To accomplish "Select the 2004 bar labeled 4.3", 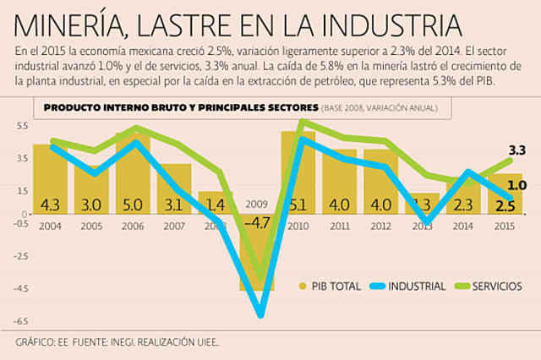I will (50, 178).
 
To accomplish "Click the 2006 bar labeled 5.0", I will (133, 173).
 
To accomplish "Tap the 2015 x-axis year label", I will (504, 226).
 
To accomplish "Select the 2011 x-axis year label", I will (339, 226).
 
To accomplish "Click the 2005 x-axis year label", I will (91, 226).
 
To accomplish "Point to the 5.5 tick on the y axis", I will (21, 126).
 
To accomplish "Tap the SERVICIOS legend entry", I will (495, 286).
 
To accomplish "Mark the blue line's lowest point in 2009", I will (260, 315).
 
